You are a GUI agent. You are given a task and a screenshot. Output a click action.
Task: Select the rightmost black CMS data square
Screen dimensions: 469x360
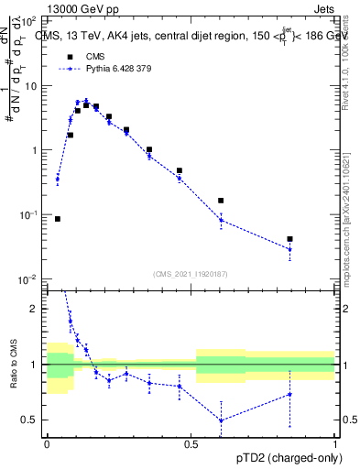coord(289,239)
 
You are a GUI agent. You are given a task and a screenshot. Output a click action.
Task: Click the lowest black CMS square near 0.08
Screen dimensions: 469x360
coord(58,219)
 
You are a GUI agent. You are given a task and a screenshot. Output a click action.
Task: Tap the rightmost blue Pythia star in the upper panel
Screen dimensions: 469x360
coord(289,249)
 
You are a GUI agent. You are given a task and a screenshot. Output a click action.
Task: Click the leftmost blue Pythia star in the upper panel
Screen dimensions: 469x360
coord(58,179)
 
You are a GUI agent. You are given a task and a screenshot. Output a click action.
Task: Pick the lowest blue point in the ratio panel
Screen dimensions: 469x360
coord(221,420)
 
